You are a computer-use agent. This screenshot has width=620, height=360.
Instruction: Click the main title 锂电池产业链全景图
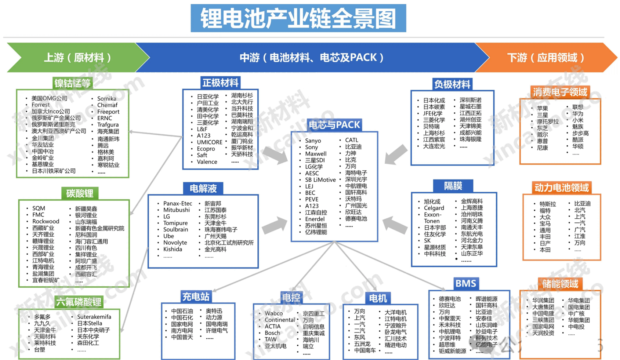(298, 18)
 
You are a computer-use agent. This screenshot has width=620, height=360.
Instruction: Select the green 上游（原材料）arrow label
(77, 58)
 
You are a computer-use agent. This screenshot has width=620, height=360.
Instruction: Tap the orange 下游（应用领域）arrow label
(546, 58)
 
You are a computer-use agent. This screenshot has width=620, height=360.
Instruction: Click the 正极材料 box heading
(220, 83)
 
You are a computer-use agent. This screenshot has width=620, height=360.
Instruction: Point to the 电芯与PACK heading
(334, 125)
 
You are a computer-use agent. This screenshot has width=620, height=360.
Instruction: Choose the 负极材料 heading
(452, 84)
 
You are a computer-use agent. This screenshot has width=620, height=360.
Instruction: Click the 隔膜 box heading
(453, 186)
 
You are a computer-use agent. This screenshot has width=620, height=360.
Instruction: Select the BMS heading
(465, 283)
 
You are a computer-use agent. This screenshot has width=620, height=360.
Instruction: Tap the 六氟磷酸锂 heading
(79, 302)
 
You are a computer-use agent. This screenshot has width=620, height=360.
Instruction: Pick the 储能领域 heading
(560, 284)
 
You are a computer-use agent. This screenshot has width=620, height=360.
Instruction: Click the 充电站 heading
(196, 297)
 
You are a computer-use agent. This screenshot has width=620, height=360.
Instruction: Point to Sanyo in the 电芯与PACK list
(313, 141)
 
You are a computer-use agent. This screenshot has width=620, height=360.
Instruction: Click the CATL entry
(352, 140)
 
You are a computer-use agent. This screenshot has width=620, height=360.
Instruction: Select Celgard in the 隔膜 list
(434, 208)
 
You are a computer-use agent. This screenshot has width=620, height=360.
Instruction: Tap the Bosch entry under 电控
(272, 333)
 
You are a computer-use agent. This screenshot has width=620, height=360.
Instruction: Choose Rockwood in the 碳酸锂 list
(46, 221)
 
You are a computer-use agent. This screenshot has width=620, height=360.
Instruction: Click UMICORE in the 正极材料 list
(210, 142)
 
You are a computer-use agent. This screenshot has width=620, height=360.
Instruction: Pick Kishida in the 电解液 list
(173, 249)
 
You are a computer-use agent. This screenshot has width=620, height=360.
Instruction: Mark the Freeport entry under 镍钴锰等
(109, 112)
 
